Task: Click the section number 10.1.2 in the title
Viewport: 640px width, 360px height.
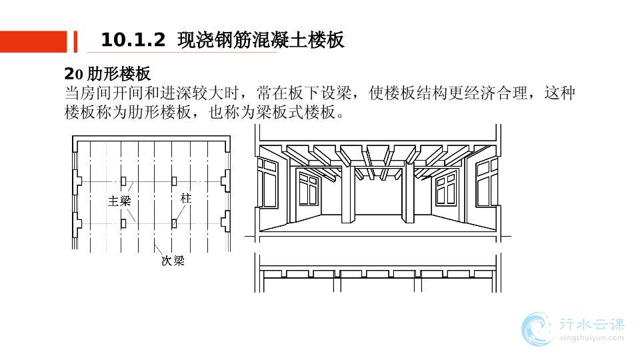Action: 133,41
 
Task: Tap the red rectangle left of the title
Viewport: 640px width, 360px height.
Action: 33,41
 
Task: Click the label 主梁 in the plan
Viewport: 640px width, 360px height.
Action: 119,200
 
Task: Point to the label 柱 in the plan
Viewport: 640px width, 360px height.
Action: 186,199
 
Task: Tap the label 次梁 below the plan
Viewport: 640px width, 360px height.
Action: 173,261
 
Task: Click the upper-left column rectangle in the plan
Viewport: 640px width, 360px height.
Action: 123,181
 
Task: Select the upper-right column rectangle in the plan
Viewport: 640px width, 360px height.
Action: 174,181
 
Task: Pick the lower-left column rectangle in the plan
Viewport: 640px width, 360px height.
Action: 123,223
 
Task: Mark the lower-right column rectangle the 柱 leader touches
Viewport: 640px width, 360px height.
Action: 174,223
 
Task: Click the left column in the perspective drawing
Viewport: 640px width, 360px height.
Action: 347,193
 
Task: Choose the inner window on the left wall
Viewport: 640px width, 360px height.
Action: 308,189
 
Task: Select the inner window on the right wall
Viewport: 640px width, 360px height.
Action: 445,189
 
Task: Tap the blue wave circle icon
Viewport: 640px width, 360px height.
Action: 537,329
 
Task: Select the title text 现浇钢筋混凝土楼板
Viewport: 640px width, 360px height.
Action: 261,41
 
